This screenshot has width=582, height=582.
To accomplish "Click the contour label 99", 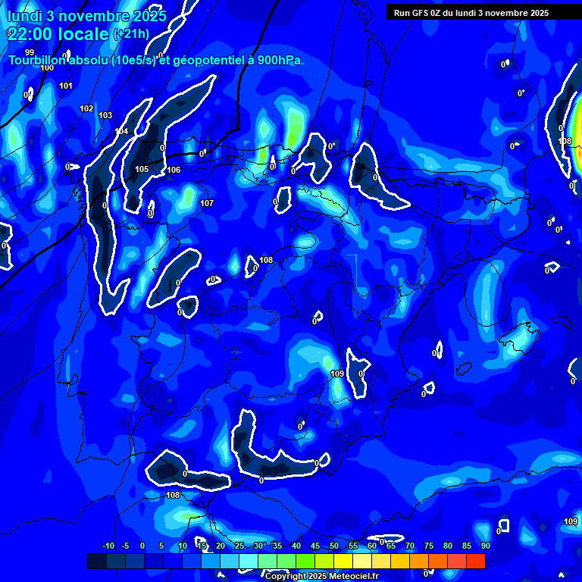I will tap(30, 52).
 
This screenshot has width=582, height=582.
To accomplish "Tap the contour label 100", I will tap(47, 67).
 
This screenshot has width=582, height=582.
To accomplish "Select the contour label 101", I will tap(66, 86).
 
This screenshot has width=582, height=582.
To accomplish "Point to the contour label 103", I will tap(105, 115).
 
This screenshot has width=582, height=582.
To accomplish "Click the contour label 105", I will tap(142, 169).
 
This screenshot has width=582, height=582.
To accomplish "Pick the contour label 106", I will tap(174, 170).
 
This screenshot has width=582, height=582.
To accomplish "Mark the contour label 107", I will tap(207, 203).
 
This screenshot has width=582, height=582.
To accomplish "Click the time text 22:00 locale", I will tap(58, 34).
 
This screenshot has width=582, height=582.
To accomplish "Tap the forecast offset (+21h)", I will tap(131, 34).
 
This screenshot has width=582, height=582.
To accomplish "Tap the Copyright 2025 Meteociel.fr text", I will tap(321, 576).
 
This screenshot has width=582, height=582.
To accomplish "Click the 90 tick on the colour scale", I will tap(485, 546).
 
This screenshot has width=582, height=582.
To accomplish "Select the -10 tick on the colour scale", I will tap(108, 546).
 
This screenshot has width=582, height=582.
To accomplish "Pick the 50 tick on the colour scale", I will tap(333, 546).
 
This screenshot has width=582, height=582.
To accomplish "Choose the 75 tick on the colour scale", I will tap(428, 546).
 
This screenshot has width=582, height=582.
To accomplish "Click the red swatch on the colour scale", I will tap(475, 561).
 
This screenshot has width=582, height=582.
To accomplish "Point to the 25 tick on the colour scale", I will tap(239, 546).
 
